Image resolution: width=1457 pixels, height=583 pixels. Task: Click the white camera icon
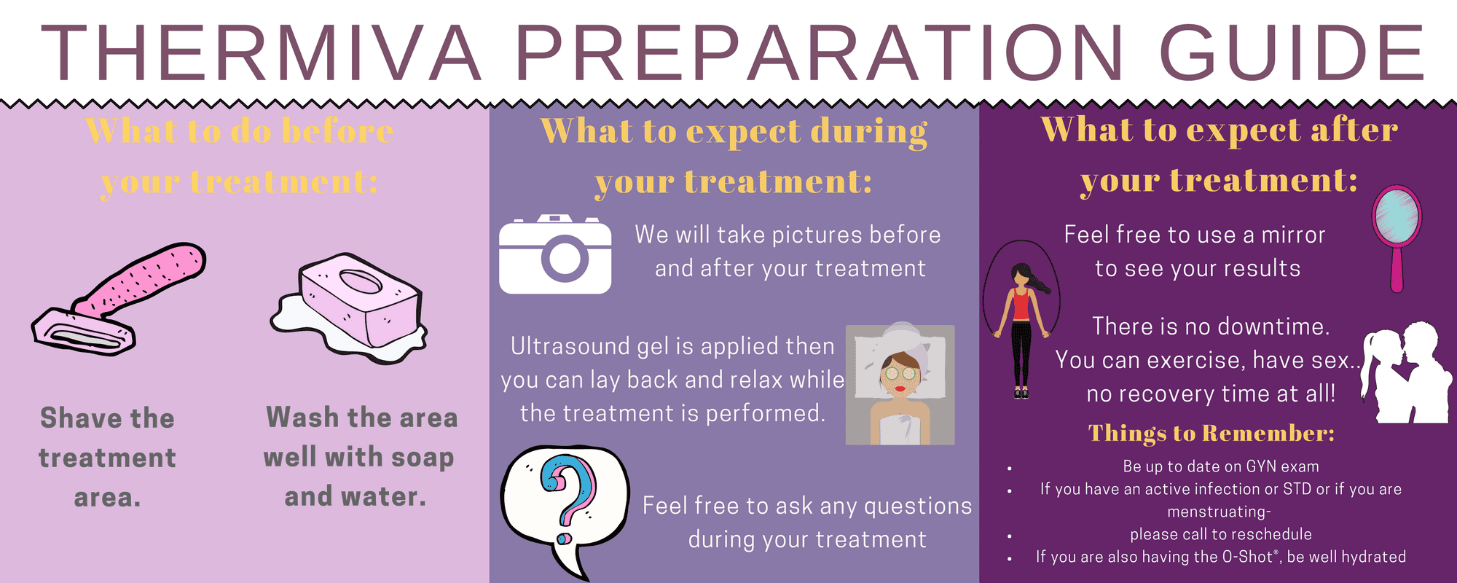click(x=555, y=255)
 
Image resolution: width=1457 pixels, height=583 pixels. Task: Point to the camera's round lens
click(x=565, y=258)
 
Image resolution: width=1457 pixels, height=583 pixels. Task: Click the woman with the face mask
click(x=900, y=385)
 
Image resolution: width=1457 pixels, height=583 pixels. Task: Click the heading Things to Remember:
click(x=1211, y=434)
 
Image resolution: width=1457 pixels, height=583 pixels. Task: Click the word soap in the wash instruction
click(x=422, y=458)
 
